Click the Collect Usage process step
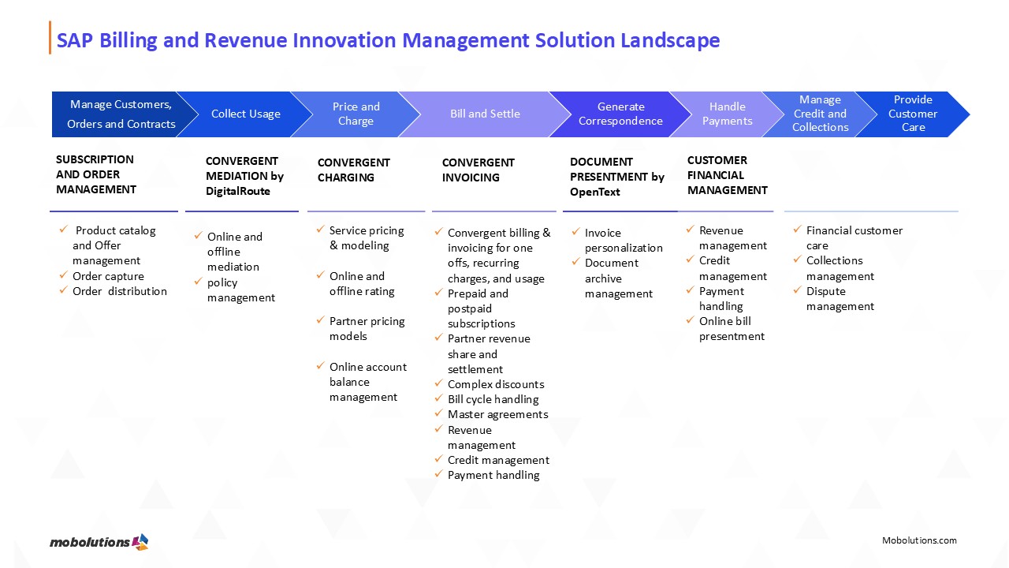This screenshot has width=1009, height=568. [x=245, y=114]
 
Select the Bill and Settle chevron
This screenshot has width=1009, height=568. [x=485, y=114]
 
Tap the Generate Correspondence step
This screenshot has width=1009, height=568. [x=620, y=114]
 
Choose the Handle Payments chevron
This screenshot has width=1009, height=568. [x=727, y=114]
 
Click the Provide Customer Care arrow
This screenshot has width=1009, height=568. [x=913, y=114]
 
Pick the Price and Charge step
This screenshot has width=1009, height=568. [x=356, y=114]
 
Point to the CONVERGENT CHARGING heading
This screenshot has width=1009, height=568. [x=353, y=170]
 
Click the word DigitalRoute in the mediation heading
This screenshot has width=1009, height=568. [x=237, y=191]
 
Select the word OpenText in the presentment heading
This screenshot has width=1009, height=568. [x=595, y=192]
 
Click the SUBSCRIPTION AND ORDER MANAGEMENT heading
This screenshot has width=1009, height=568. [x=95, y=174]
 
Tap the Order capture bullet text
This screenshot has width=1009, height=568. [x=108, y=276]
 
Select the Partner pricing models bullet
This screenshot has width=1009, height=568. [x=367, y=329]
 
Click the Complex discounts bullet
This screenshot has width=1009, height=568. [x=496, y=384]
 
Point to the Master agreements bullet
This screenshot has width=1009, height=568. [x=497, y=414]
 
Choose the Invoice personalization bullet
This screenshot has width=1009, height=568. [x=623, y=241]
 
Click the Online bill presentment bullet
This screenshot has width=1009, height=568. [x=731, y=329]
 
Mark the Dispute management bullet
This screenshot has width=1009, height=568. [x=840, y=299]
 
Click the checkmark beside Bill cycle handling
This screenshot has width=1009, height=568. [x=440, y=399]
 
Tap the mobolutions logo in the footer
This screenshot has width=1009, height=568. [x=99, y=542]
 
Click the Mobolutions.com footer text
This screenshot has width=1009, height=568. [x=919, y=540]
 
